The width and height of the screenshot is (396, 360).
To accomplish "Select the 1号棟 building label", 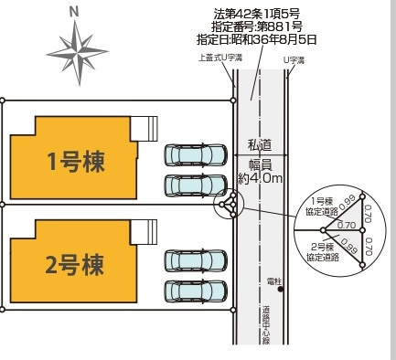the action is pos(76,162).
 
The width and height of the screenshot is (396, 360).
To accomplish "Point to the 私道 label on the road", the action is pos(261,144).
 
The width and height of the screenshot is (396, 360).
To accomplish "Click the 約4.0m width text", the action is pos(261,179).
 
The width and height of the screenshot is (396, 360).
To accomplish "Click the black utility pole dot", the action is pos(280,291).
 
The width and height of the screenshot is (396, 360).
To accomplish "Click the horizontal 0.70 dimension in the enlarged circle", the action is pos(346,224).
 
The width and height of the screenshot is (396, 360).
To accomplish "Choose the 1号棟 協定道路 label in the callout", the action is pos(323,206).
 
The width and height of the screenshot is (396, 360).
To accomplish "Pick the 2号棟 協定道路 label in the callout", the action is pos(323,251).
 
